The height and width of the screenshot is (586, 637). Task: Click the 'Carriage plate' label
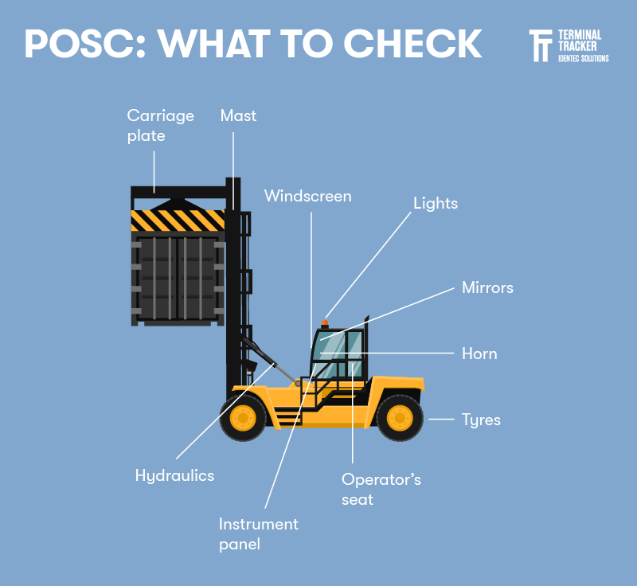click(x=160, y=126)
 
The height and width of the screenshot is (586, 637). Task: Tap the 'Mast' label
click(x=238, y=115)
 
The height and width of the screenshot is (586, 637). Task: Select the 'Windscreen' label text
click(x=307, y=196)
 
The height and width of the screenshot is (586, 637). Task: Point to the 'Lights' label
click(x=436, y=203)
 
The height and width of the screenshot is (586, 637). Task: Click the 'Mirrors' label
click(x=487, y=287)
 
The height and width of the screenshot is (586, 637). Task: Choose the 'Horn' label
click(x=479, y=354)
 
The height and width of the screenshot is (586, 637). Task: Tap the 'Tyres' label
click(x=481, y=419)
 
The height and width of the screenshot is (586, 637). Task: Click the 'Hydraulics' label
click(x=174, y=475)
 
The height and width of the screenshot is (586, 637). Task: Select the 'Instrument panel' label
click(x=258, y=534)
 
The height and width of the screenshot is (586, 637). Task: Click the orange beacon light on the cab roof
click(x=324, y=323)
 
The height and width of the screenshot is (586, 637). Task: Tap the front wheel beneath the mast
click(x=242, y=417)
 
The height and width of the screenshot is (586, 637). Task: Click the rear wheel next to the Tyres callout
click(x=399, y=417)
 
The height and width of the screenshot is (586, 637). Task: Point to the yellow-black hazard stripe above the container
click(x=178, y=220)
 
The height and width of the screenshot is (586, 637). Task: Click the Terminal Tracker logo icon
click(x=541, y=46)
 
